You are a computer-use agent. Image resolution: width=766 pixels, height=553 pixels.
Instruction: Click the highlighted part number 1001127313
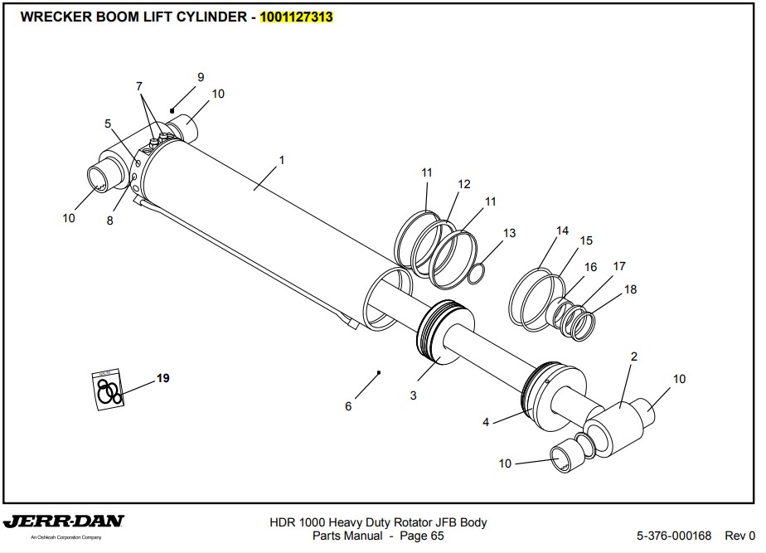pos(297,17)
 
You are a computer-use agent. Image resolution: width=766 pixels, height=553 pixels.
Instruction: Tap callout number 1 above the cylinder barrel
pos(282,160)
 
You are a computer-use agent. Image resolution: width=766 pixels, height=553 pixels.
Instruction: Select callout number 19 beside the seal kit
pos(163,378)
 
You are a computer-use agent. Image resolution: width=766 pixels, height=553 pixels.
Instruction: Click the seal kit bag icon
pos(107,388)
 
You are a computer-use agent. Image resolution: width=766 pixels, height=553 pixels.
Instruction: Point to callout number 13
pos(509,233)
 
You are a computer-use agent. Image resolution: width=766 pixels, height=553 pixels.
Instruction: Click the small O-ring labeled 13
pos(477,273)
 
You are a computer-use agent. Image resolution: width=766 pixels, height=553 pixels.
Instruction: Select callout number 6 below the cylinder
pos(348,406)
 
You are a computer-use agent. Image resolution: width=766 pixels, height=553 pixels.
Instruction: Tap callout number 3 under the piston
pos(413,395)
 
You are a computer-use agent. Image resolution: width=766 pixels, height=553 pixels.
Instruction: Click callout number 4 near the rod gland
pos(486,422)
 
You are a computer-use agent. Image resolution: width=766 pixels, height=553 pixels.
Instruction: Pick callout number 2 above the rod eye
pos(634,357)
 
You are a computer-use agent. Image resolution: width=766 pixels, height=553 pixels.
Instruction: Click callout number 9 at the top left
pos(201,77)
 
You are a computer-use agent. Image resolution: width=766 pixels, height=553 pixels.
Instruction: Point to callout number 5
pos(108,124)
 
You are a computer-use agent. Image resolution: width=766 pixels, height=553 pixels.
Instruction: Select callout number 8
pos(109,221)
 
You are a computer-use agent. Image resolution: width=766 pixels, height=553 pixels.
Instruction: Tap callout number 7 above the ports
pos(139,86)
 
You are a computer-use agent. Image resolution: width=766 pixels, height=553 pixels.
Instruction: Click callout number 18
pos(630,289)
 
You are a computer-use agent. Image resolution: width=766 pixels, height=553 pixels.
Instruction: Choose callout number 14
pos(562,230)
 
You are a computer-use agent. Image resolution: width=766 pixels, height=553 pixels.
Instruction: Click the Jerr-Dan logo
pos(64,523)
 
